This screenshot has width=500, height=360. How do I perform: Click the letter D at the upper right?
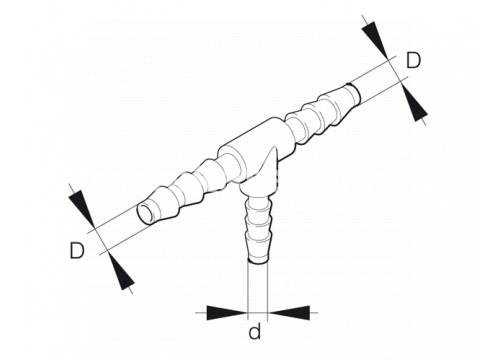click(x=414, y=60)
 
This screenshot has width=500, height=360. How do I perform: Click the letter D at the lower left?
click(x=77, y=251)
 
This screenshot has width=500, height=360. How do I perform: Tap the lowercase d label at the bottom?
click(x=255, y=332)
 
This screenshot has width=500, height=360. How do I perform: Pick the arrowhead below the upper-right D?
click(x=414, y=103)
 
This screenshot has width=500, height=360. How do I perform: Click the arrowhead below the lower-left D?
click(x=121, y=270)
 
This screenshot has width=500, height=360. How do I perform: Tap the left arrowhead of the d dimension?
click(x=226, y=313)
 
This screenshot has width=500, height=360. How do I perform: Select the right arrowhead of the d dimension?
click(x=290, y=313)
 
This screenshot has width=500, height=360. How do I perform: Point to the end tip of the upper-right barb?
click(x=354, y=93)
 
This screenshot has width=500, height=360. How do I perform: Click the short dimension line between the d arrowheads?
click(x=258, y=313)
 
